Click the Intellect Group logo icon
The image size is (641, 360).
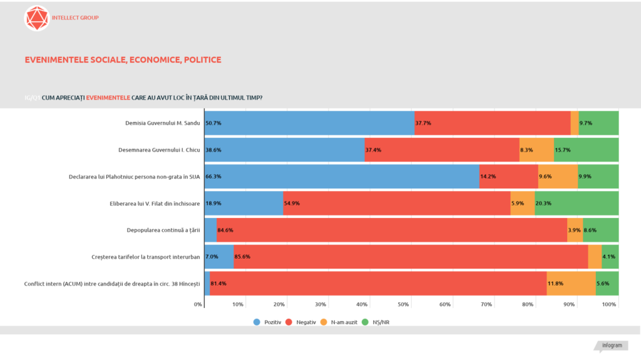click(36, 18)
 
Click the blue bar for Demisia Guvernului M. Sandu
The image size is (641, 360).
click(309, 123)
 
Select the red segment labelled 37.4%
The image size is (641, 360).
click(441, 150)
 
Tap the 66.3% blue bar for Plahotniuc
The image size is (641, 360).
click(342, 177)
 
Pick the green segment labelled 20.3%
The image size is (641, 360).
click(577, 203)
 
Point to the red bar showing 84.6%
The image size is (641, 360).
click(391, 230)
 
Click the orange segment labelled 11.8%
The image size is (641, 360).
click(571, 283)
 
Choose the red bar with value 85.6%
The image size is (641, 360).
click(411, 257)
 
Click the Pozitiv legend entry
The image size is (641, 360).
click(267, 322)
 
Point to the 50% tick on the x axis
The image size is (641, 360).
click(404, 304)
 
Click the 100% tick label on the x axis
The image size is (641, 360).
click(609, 304)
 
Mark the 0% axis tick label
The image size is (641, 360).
click(198, 304)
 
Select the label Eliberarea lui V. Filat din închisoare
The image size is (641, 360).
click(154, 203)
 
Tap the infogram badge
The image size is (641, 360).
click(612, 346)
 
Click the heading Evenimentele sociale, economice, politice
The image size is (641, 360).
click(123, 60)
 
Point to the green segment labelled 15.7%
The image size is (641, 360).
click(586, 150)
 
